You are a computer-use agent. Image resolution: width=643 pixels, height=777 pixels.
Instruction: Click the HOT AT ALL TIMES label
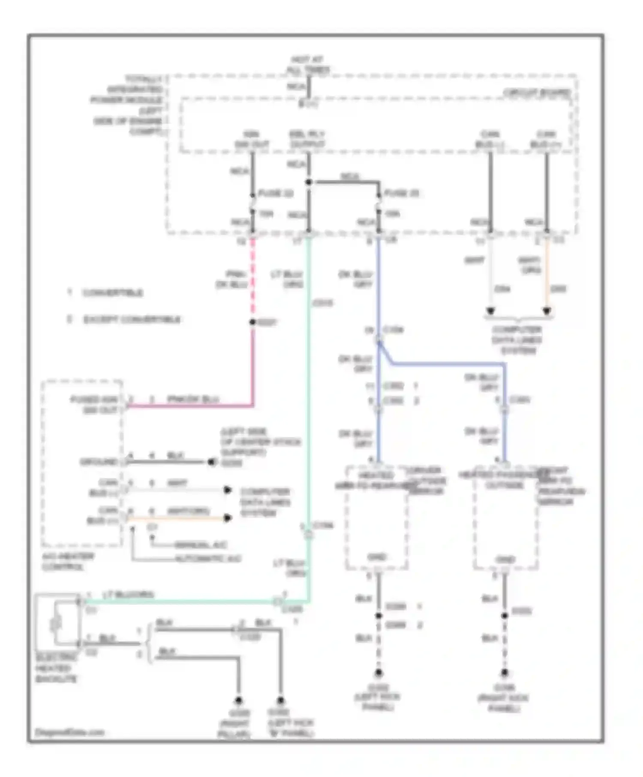click(x=308, y=64)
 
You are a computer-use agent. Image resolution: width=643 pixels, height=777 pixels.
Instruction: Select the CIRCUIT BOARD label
click(x=536, y=93)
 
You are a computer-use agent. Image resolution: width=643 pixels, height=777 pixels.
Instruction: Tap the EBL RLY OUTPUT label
click(x=307, y=140)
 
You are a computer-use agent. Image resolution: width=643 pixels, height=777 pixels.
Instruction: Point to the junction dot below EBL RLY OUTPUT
click(x=308, y=182)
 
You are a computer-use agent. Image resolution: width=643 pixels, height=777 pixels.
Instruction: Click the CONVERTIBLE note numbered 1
click(x=105, y=293)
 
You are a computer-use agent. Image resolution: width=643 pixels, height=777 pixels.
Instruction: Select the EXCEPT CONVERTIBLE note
click(x=124, y=320)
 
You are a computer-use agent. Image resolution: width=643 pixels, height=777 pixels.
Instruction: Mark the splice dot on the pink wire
click(x=252, y=322)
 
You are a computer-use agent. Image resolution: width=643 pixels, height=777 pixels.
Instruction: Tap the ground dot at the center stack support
click(x=211, y=462)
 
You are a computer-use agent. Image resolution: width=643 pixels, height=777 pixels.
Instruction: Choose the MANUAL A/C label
click(x=201, y=545)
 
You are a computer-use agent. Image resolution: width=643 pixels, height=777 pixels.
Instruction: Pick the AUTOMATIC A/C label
click(x=207, y=559)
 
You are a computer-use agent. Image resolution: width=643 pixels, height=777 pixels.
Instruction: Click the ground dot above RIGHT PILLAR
click(x=238, y=701)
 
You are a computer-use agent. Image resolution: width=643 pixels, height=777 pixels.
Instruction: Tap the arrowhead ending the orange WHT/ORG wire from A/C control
click(x=228, y=518)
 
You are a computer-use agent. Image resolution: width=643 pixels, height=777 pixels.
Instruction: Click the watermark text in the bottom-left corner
click(x=69, y=732)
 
